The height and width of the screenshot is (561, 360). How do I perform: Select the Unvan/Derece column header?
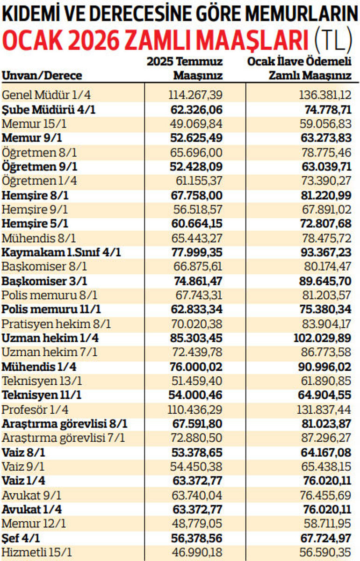[x=42, y=75]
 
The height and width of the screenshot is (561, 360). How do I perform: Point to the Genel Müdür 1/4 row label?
[x=47, y=95]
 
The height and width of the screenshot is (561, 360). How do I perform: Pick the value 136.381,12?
[x=325, y=95]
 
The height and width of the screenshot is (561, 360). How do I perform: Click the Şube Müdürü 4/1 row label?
[x=52, y=110]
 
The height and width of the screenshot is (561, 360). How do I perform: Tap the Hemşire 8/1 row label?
[x=35, y=195]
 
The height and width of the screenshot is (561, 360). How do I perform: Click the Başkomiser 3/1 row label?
[x=44, y=281]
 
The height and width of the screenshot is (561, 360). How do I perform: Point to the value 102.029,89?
[x=323, y=338]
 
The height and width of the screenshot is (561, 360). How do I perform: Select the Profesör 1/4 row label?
[x=36, y=410]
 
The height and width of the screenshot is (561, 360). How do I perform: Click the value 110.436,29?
[x=194, y=410]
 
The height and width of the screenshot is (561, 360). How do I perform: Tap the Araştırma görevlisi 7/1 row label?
[x=64, y=438]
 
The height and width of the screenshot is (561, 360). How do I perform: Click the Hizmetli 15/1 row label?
[x=37, y=552]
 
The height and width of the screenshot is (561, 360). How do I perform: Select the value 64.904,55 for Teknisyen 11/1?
[x=325, y=395]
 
